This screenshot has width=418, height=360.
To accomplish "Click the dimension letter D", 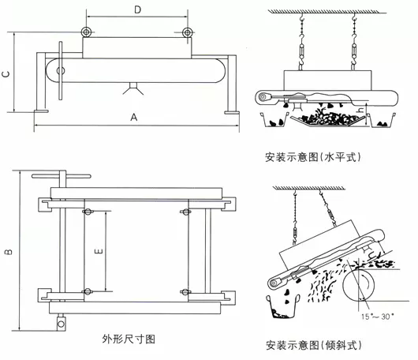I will pyautogui.click(x=138, y=10).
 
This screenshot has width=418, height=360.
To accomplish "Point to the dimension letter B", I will pyautogui.click(x=6, y=252).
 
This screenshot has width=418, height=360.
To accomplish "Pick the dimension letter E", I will pyautogui.click(x=97, y=250).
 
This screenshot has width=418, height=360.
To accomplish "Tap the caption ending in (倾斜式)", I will pyautogui.click(x=313, y=345).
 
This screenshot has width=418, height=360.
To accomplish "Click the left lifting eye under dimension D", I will pyautogui.click(x=85, y=32).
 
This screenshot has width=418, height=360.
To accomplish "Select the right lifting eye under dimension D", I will pyautogui.click(x=188, y=32).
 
